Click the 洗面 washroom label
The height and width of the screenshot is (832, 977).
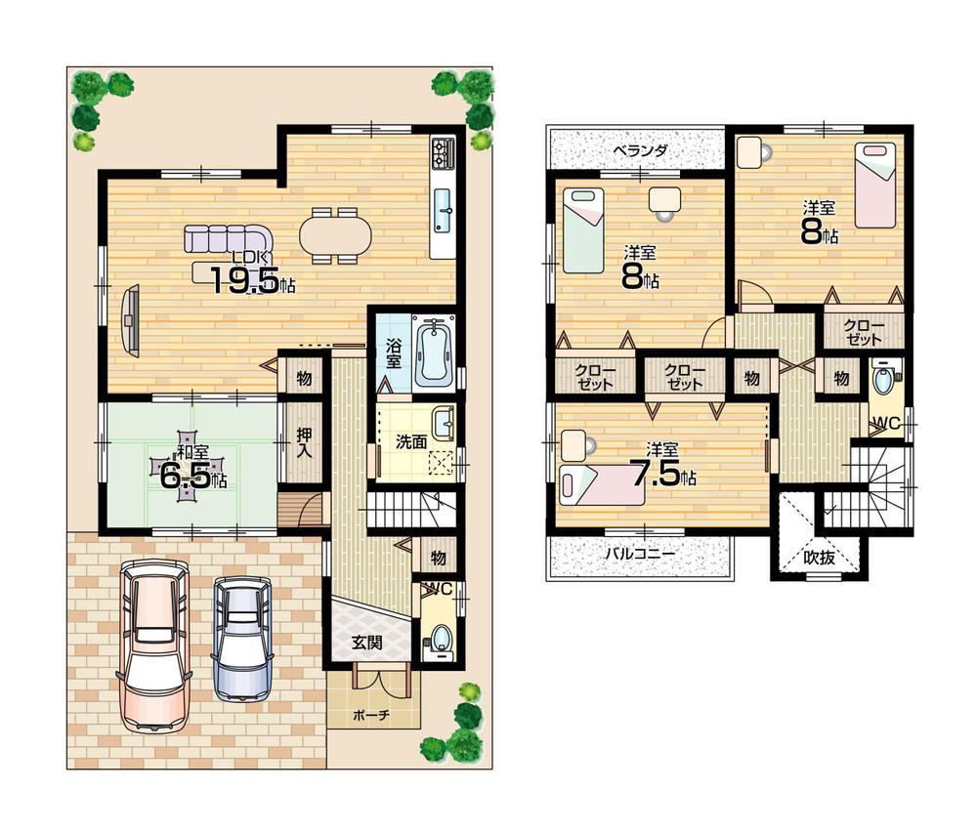[410, 441]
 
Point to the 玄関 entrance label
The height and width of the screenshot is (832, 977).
[367, 643]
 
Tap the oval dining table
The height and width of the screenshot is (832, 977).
[335, 235]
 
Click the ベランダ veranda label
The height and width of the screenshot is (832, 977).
[640, 151]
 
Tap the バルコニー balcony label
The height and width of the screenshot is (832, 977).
[639, 554]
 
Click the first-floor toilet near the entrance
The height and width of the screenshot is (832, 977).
[439, 638]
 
